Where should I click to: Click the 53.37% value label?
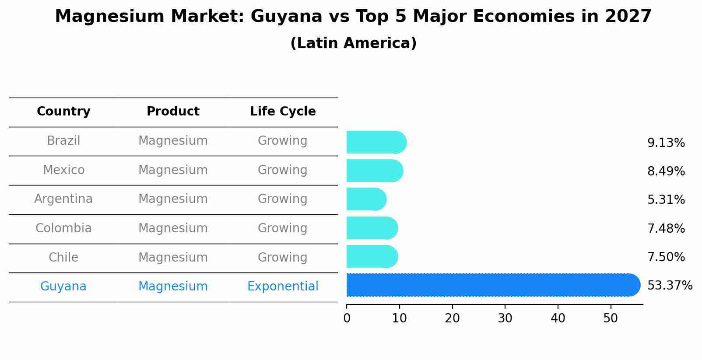pyautogui.click(x=669, y=286)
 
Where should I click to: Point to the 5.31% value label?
pyautogui.click(x=666, y=200)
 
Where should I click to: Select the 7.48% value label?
pyautogui.click(x=666, y=228)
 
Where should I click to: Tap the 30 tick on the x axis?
pyautogui.click(x=505, y=318)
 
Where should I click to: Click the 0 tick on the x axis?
pyautogui.click(x=347, y=318)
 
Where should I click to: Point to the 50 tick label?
pyautogui.click(x=611, y=318)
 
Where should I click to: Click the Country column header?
pyautogui.click(x=63, y=112)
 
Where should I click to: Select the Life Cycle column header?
pyautogui.click(x=283, y=112)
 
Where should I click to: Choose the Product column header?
pyautogui.click(x=173, y=112)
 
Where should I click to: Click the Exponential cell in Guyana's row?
pyautogui.click(x=283, y=287)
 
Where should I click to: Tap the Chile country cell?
pyautogui.click(x=63, y=257)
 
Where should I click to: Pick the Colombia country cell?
pyautogui.click(x=63, y=228)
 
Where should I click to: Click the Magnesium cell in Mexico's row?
pyautogui.click(x=173, y=170)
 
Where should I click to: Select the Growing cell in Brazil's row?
pyautogui.click(x=283, y=141)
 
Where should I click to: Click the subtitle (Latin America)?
pyautogui.click(x=353, y=43)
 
